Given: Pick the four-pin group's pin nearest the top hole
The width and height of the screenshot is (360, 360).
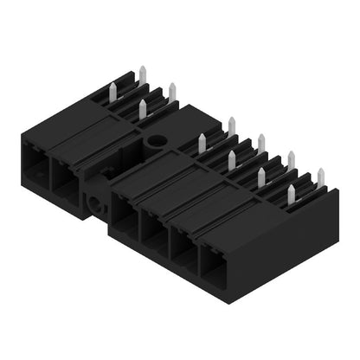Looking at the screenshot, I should pyautogui.click(x=143, y=108).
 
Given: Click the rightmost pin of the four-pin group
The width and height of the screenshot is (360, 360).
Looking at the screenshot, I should pyautogui.click(x=172, y=92).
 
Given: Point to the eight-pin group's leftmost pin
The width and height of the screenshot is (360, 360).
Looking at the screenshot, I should pyautogui.click(x=202, y=144).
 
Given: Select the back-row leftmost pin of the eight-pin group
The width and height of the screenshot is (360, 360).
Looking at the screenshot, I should pyautogui.click(x=232, y=126).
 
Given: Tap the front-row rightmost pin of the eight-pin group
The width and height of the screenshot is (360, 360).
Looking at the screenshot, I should pyautogui.click(x=292, y=194).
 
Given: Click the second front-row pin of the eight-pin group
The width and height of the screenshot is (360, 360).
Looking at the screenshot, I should pyautogui.click(x=232, y=160).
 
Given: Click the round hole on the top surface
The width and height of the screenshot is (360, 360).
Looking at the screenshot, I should pyautogui.click(x=157, y=139).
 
